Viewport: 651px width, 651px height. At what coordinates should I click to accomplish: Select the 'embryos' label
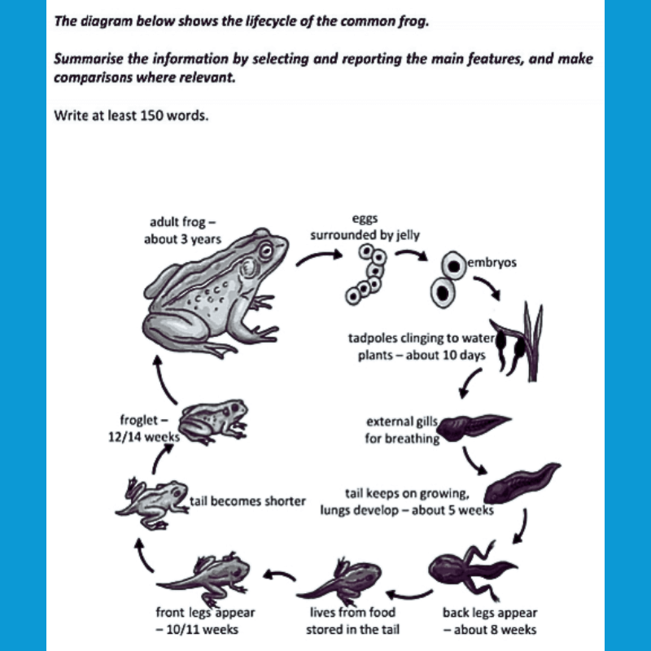pyautogui.click(x=492, y=264)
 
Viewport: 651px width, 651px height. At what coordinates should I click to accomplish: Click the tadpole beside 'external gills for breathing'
pyautogui.click(x=475, y=424)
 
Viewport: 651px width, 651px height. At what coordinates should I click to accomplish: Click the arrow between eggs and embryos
pyautogui.click(x=411, y=256)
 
